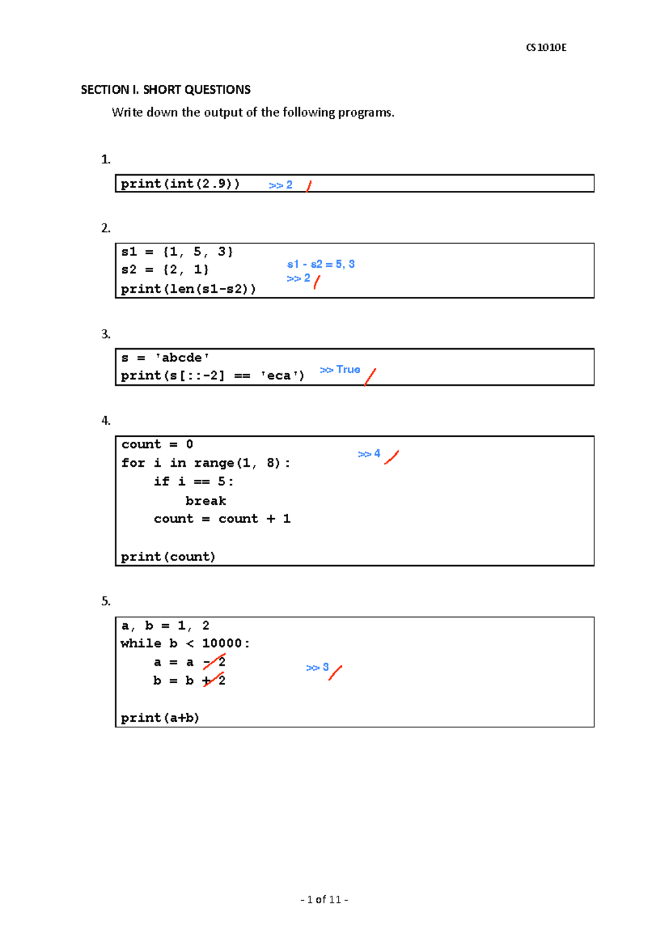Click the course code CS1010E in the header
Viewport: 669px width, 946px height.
(546, 47)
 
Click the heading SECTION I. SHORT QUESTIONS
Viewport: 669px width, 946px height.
(166, 90)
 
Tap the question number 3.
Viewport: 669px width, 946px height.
(106, 334)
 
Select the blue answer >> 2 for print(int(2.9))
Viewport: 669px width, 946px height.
(280, 185)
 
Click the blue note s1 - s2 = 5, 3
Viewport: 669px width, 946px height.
(321, 264)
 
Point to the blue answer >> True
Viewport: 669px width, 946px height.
(340, 370)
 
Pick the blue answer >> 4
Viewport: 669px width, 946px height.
(369, 454)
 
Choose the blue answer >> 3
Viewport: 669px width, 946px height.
(317, 668)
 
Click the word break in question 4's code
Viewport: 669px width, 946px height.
(206, 501)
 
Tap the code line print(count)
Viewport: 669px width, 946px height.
(168, 557)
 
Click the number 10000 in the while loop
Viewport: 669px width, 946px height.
(222, 643)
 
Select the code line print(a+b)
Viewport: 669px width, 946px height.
(160, 718)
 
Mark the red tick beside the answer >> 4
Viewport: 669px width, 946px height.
(391, 457)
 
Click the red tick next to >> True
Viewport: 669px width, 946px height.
(370, 377)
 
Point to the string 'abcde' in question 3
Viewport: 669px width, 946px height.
(182, 358)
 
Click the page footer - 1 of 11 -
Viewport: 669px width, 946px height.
(324, 899)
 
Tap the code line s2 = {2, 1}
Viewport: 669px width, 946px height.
(165, 270)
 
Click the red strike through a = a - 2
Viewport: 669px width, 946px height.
(214, 662)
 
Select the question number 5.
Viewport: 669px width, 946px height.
(106, 601)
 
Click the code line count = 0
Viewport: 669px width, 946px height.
(157, 445)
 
